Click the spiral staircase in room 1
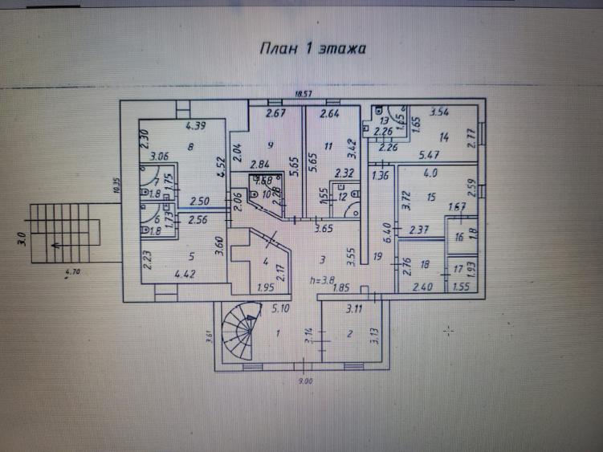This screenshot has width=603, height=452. click(240, 329)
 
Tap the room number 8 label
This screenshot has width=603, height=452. click(190, 147)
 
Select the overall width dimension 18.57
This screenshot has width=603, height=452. click(303, 95)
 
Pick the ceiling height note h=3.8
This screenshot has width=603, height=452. click(323, 279)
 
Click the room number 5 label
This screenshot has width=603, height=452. click(191, 257)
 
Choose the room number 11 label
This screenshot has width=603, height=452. click(328, 146)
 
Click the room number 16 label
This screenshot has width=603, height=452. click(458, 238)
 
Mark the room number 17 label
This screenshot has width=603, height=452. click(458, 270)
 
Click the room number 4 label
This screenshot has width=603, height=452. click(265, 261)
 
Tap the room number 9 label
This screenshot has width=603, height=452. click(271, 145)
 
